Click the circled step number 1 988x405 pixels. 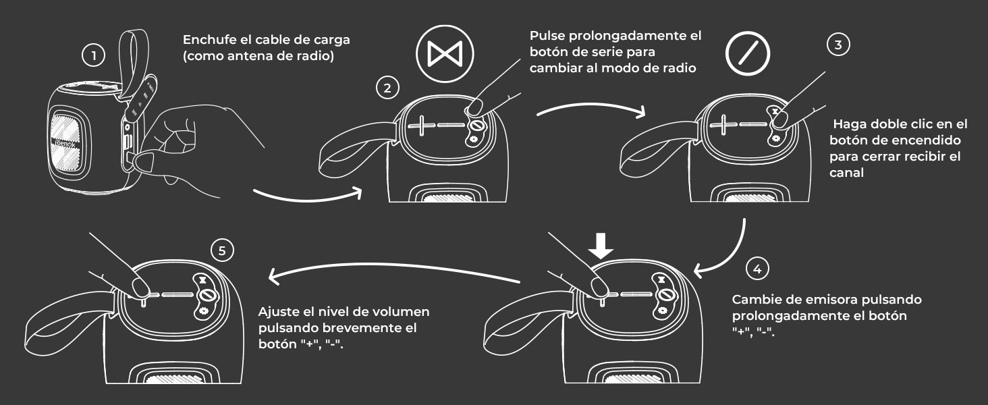click(94, 55)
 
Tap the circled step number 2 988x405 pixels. click(387, 88)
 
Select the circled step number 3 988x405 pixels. click(838, 45)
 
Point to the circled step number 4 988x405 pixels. click(757, 269)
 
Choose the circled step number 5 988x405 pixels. click(222, 250)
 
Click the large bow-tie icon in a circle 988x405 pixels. click(445, 53)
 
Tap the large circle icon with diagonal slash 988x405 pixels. click(748, 53)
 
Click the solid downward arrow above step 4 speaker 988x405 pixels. click(601, 246)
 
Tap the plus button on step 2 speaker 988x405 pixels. click(422, 126)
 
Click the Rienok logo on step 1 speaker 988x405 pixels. click(65, 144)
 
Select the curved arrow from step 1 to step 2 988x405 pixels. click(308, 198)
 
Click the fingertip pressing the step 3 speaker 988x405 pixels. click(781, 119)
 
